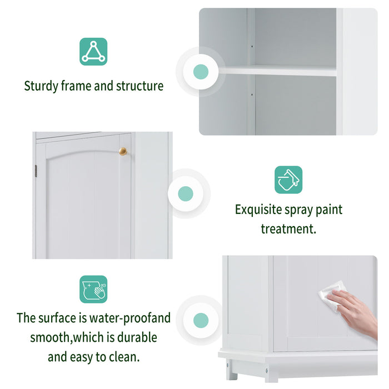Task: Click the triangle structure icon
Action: (x=93, y=52)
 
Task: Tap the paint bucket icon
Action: (x=288, y=179)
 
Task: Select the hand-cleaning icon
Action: (x=93, y=289)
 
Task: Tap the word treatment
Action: (x=288, y=228)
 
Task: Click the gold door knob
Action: (x=123, y=151)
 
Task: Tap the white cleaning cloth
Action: (x=332, y=293)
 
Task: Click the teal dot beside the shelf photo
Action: (x=201, y=72)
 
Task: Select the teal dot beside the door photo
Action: (x=186, y=194)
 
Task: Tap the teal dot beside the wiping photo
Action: (x=201, y=320)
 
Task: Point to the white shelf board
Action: (x=278, y=71)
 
